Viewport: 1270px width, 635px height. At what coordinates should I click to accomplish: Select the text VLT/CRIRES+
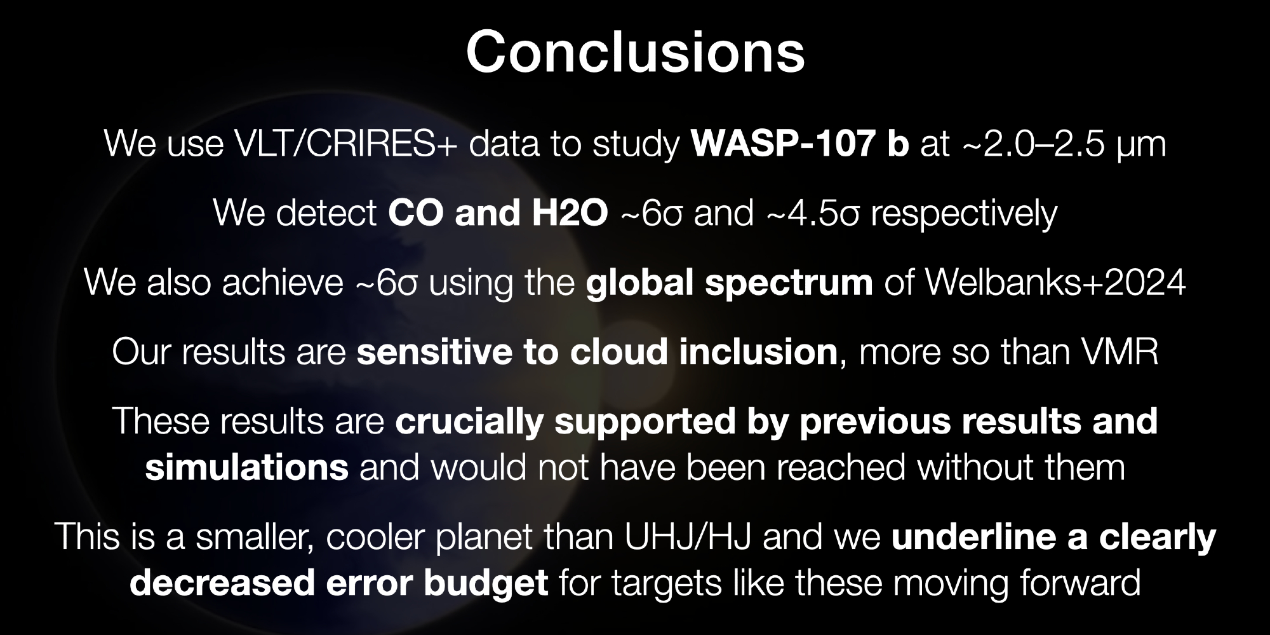(345, 144)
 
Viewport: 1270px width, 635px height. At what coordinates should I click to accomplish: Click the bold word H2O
(570, 213)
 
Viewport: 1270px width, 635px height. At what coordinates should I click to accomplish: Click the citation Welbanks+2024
(1055, 282)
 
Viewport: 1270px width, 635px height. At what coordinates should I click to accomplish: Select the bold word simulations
(247, 467)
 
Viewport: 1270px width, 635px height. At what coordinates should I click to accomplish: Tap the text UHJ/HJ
(688, 537)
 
